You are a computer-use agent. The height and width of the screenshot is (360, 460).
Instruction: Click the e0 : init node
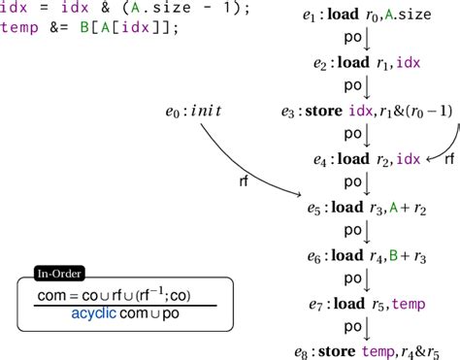click(x=195, y=110)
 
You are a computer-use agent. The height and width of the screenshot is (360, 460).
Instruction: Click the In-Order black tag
click(x=58, y=274)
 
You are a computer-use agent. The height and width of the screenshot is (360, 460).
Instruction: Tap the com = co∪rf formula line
click(x=121, y=295)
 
